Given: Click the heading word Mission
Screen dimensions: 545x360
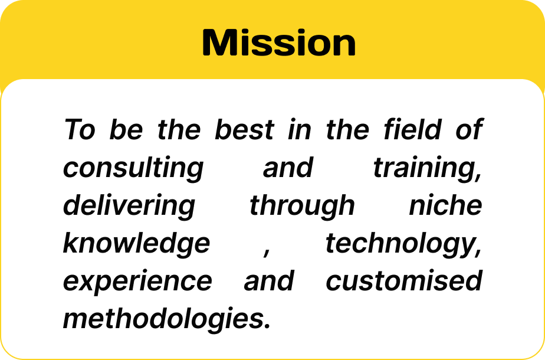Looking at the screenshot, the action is tap(279, 42).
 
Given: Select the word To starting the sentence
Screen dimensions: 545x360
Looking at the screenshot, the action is tap(80, 129).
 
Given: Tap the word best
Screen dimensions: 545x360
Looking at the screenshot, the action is tap(245, 129).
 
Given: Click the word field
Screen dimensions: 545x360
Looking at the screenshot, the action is tap(412, 129).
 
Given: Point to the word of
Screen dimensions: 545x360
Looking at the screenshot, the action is tap(470, 129).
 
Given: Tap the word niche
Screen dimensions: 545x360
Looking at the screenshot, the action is tap(445, 205).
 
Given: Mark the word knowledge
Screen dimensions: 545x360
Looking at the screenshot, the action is tap(136, 244).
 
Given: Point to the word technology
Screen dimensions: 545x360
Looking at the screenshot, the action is tap(403, 244).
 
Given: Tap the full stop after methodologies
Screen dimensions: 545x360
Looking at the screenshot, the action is tap(267, 326).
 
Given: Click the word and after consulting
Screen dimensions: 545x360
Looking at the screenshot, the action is tap(288, 167).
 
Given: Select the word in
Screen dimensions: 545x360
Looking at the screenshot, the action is tap(299, 129).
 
